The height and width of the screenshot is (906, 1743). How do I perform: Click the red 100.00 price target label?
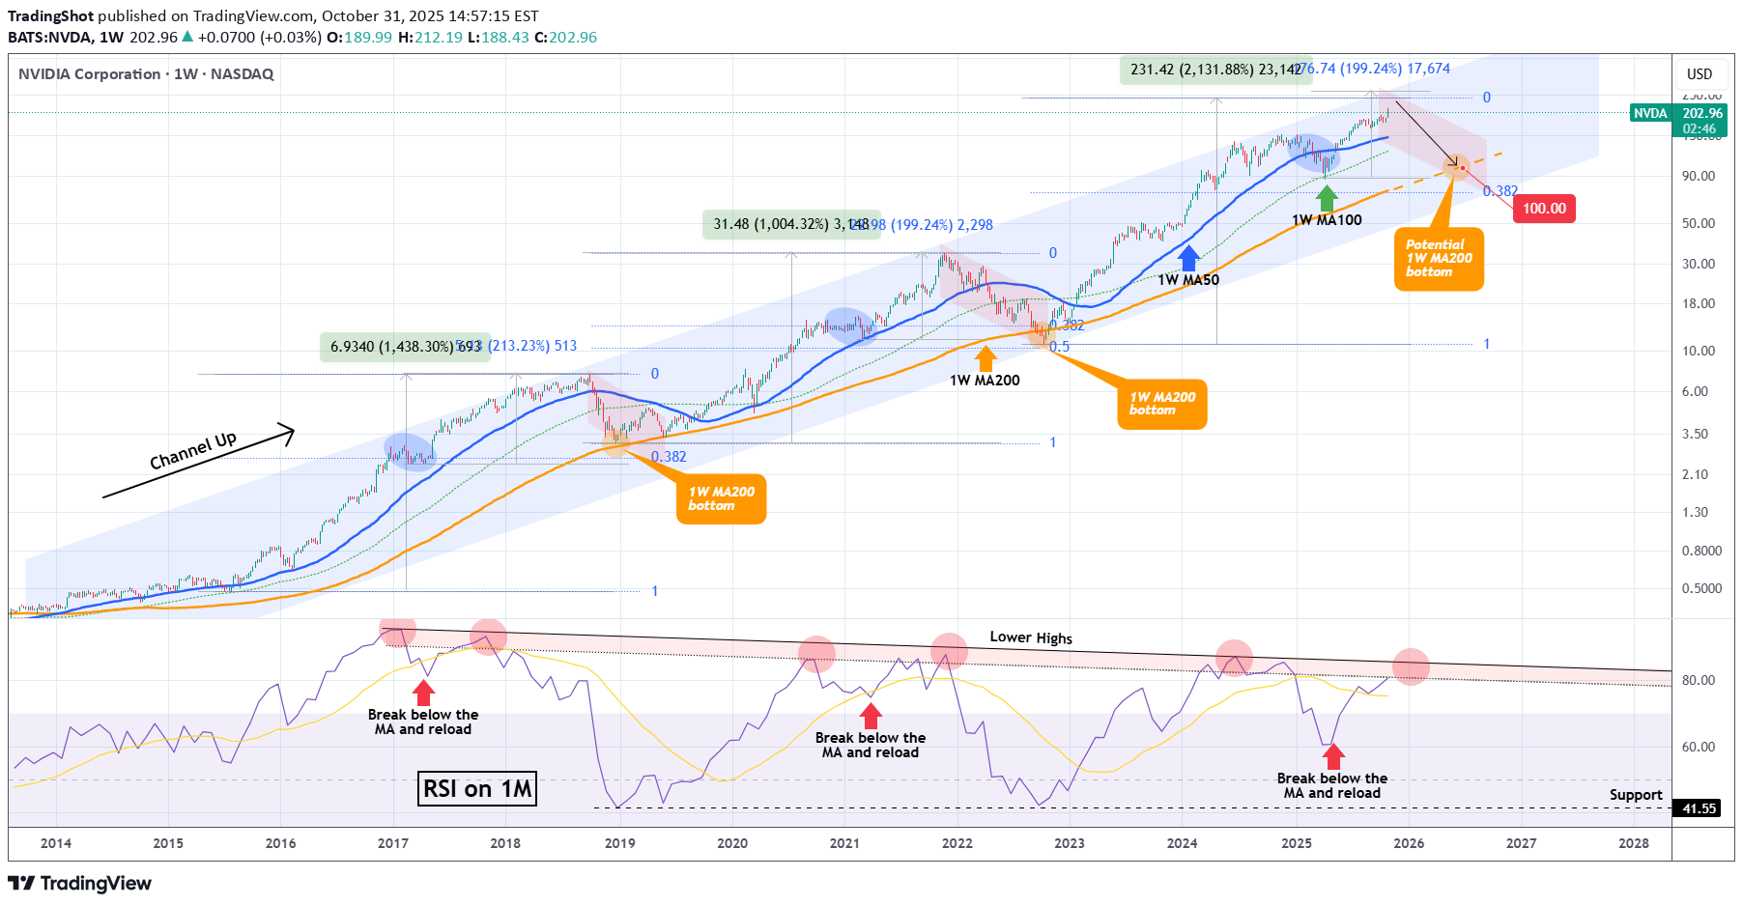[1544, 209]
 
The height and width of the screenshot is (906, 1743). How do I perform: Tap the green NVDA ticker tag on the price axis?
[1650, 114]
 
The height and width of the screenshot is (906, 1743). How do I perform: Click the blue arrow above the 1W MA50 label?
[1188, 258]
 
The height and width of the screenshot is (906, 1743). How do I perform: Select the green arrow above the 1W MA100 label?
[1327, 198]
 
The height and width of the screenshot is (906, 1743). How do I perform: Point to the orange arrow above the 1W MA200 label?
[986, 358]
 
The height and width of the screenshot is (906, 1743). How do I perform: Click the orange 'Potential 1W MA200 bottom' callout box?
[1438, 259]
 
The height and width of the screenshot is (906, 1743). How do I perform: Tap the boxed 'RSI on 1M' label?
[477, 789]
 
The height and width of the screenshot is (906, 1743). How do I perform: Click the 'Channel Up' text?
[193, 451]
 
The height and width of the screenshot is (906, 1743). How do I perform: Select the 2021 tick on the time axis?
[844, 843]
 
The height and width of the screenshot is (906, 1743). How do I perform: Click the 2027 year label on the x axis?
[1521, 843]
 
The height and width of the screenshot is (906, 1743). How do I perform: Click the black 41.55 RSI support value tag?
[1699, 808]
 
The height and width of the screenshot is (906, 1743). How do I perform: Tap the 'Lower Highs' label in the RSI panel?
[1030, 637]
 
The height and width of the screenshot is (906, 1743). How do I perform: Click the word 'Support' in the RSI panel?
[1635, 795]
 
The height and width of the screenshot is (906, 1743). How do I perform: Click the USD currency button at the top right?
[1699, 74]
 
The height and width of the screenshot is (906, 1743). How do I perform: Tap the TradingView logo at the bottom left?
[80, 883]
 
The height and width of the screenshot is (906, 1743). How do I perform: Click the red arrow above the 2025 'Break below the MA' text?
[1333, 756]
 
